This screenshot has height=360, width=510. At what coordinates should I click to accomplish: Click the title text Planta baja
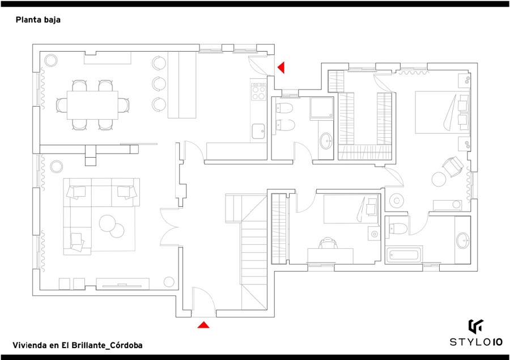point(38,20)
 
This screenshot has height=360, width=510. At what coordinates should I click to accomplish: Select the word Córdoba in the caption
point(126,345)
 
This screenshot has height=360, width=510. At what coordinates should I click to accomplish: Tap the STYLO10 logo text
point(476,342)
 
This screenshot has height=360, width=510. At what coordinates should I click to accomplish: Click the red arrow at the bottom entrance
point(203,324)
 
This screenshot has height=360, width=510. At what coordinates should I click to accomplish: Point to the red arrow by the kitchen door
point(280,67)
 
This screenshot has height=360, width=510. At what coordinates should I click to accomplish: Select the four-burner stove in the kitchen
point(258,92)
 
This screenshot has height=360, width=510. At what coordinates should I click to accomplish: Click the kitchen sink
point(258,131)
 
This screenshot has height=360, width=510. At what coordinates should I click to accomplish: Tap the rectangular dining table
point(92,105)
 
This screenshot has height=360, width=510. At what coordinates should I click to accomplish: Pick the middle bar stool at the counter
point(159,84)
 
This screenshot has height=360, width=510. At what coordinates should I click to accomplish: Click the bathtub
point(403,255)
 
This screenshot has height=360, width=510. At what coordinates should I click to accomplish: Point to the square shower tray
point(322,108)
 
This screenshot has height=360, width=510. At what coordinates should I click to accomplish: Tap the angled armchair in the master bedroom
point(452,166)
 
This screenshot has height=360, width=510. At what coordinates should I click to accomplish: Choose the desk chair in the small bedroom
point(328,243)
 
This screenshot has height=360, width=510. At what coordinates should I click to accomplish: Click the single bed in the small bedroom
point(351,209)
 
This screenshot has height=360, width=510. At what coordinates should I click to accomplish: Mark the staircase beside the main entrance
point(246,252)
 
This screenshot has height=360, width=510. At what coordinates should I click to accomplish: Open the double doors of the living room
point(168,227)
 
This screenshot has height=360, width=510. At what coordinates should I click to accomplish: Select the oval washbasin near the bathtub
point(463,240)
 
